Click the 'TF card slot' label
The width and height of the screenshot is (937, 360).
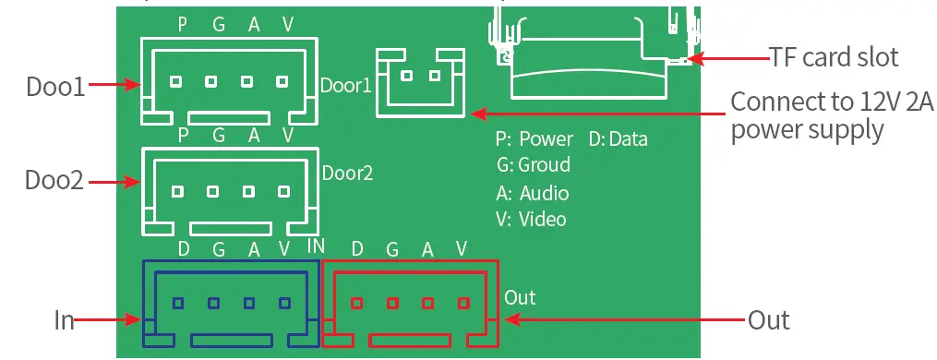click(x=834, y=57)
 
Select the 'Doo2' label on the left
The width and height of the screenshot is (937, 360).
click(x=55, y=180)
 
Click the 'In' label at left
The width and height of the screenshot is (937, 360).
click(x=64, y=320)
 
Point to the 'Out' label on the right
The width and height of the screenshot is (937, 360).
click(x=768, y=319)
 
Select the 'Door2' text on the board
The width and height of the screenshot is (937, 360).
click(x=347, y=173)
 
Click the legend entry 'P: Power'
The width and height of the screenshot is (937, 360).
click(x=535, y=139)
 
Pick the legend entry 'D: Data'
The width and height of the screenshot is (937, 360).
click(x=618, y=139)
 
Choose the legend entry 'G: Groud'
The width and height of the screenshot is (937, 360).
click(x=533, y=165)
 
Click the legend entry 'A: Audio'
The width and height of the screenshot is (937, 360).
click(x=533, y=193)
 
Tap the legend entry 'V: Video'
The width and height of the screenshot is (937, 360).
click(x=531, y=219)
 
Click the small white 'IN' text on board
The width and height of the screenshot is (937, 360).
click(x=315, y=246)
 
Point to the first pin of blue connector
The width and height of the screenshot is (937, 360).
click(x=177, y=303)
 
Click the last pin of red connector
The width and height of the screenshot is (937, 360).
click(x=463, y=303)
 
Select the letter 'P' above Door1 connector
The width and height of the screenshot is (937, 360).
click(x=183, y=26)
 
